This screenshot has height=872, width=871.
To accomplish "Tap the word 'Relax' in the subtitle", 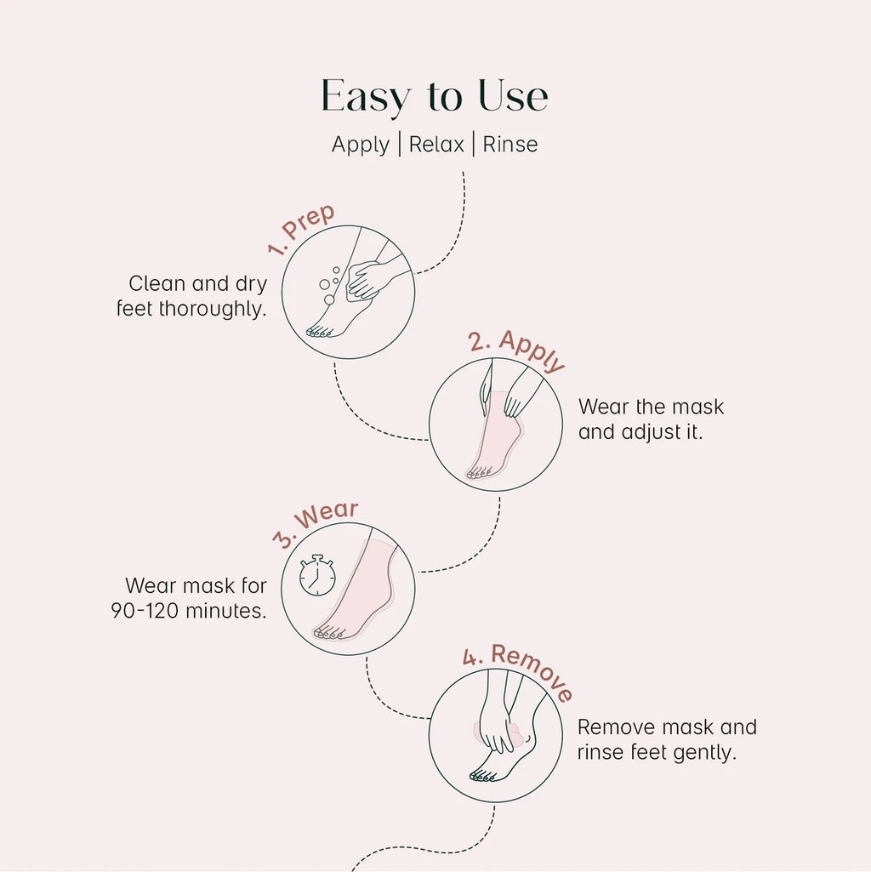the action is pos(436,145).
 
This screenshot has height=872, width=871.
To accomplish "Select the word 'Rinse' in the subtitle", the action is pos(510,145).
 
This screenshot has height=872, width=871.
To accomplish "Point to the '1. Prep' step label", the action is pos(301,229).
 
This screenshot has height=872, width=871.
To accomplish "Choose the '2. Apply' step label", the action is pos(516,350).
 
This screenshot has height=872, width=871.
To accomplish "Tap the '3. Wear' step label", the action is pos(316,523).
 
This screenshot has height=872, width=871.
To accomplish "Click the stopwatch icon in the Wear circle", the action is pos(317,575).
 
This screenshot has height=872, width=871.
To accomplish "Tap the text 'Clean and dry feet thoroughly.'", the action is pos(192,296).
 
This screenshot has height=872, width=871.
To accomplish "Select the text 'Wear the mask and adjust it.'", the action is pos(651,419).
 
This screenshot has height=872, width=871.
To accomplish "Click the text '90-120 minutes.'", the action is pos(189,611).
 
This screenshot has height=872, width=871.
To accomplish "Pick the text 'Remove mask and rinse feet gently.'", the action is pos(667,740).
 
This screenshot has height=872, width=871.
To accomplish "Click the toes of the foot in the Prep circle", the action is pos(320,332).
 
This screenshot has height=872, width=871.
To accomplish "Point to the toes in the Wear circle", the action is pos(329,633).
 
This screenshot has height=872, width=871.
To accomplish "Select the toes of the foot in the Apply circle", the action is pos(479,473).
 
